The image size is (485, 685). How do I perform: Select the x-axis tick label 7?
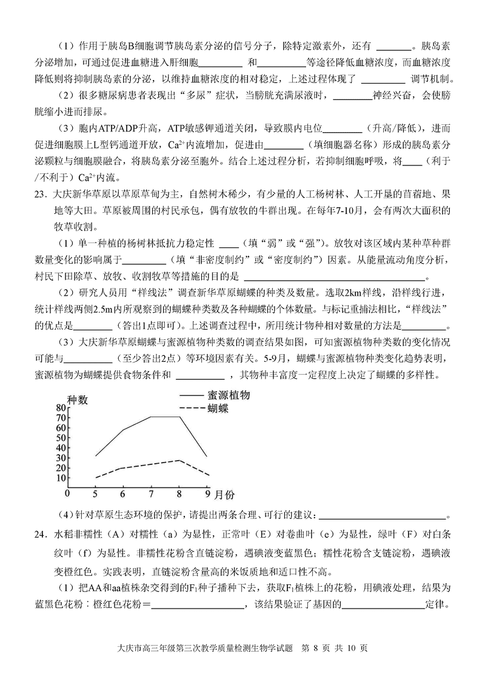pos(151,493)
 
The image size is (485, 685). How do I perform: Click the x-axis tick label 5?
pos(95,493)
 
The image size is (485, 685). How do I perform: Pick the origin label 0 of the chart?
pos(69,493)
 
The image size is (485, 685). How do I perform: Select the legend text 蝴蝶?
pos(218,408)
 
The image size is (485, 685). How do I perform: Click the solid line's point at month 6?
pos(123,430)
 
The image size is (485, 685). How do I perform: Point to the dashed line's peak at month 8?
pos(179,460)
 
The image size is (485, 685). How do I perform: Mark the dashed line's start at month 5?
pos(95,478)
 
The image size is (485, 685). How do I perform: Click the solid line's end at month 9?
pos(207,456)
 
